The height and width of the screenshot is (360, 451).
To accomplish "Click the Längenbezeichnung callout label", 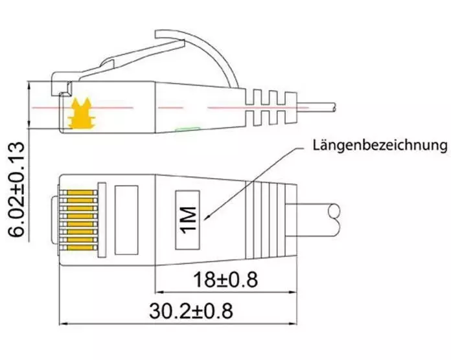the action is click(x=380, y=146).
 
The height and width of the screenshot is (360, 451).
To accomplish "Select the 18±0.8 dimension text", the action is click(x=225, y=280).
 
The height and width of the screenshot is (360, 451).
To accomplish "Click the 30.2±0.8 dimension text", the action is click(x=191, y=311).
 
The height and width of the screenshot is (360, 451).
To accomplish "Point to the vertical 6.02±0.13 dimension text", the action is click(x=16, y=190).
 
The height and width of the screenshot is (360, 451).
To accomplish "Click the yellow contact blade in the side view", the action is click(x=81, y=113).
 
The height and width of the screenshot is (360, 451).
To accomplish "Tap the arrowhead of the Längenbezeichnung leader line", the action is click(x=206, y=218).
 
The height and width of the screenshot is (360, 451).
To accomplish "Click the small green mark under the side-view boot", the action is click(x=188, y=129).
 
